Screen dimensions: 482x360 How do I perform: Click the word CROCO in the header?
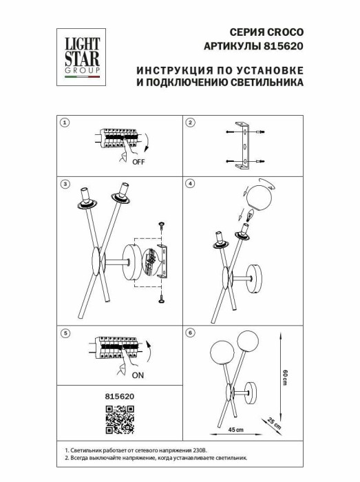point(288,32)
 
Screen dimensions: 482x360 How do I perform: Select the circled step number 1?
point(64,123)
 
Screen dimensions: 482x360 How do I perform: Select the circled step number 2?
point(191,123)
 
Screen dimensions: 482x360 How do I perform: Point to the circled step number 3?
point(64,184)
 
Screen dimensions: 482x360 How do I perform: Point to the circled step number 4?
point(191,184)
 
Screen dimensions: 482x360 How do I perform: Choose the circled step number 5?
point(64,333)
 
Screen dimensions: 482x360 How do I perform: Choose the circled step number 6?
point(191,333)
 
